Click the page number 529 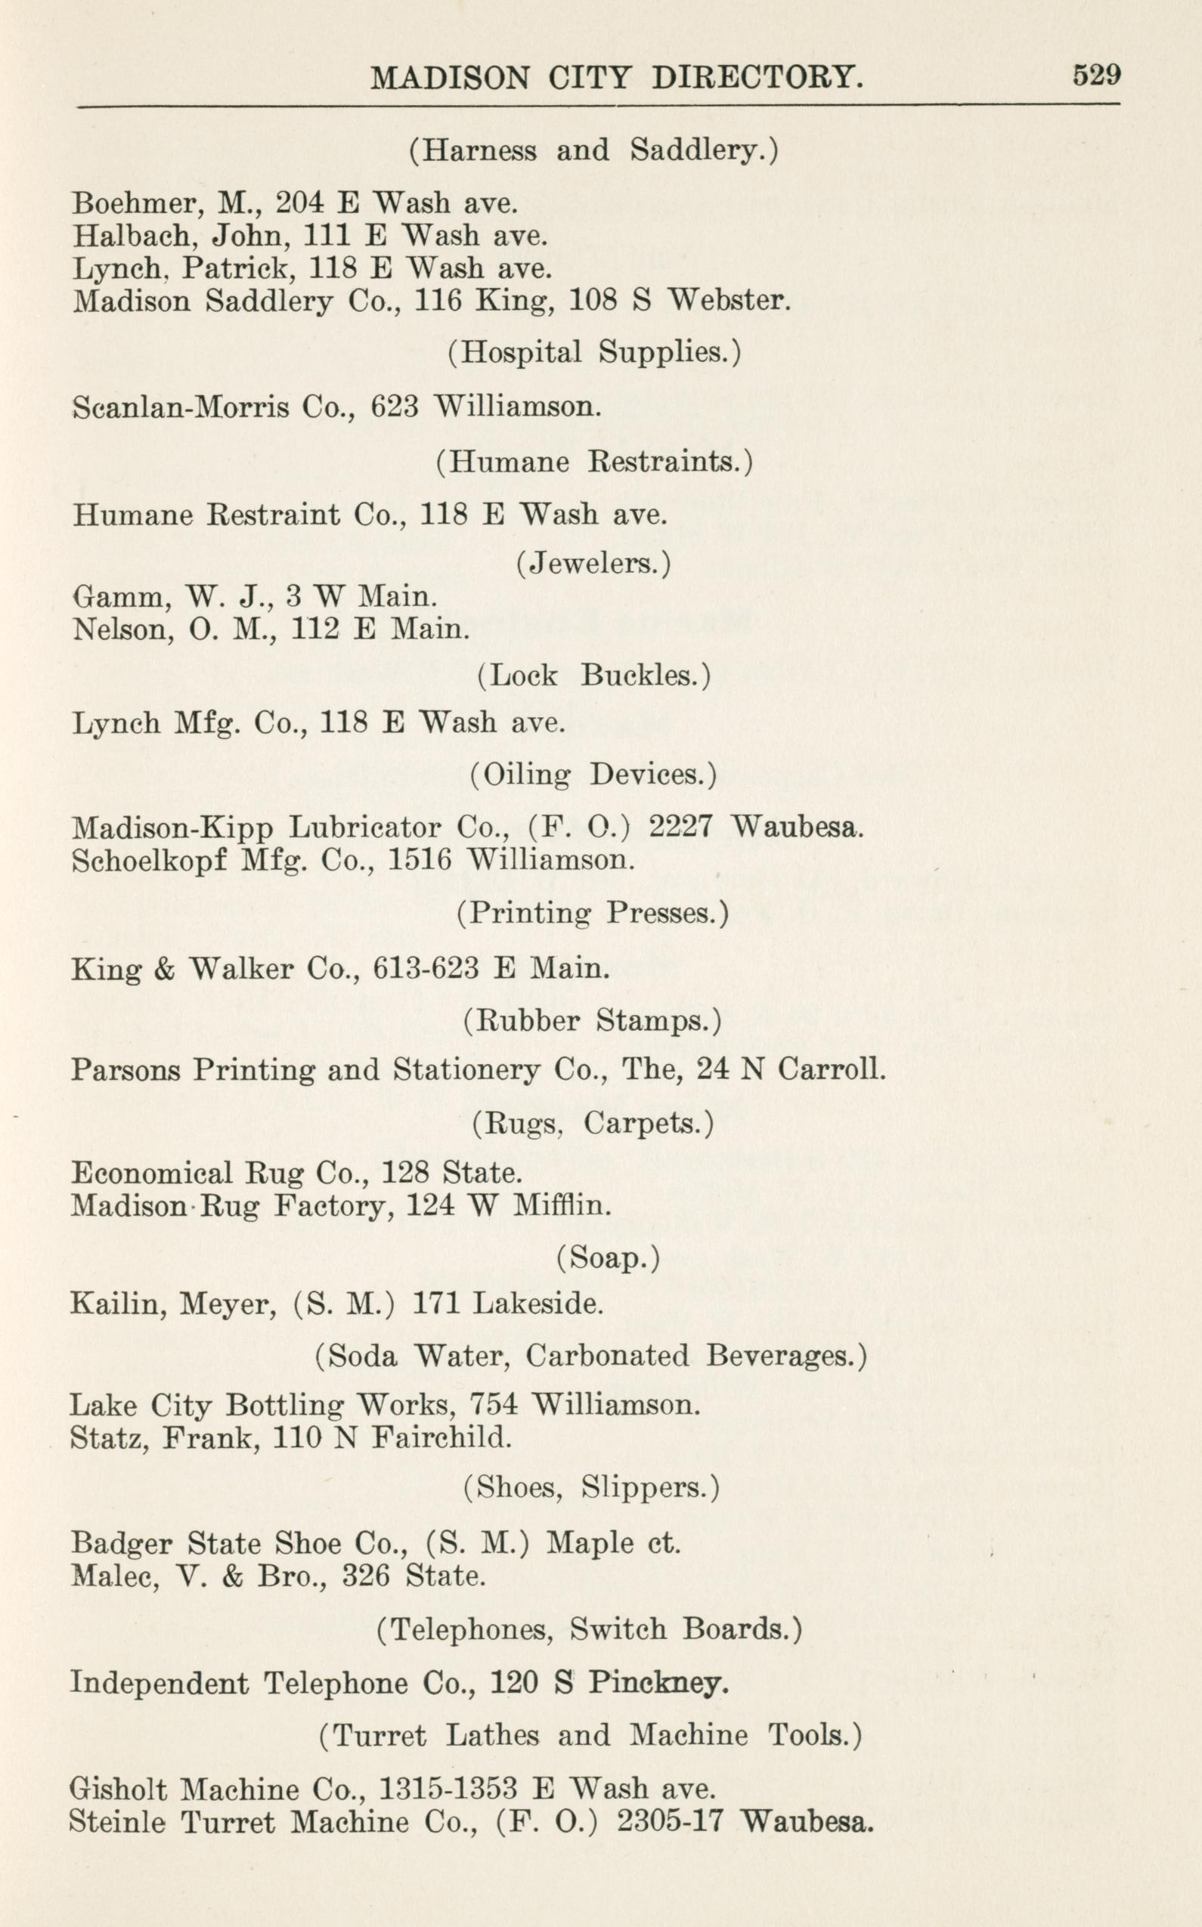(x=1096, y=75)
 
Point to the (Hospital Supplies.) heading (x=594, y=352)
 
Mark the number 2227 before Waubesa (x=680, y=827)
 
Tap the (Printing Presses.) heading (x=592, y=913)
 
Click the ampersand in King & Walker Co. (x=165, y=970)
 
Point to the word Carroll (x=830, y=1069)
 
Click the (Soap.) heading (x=607, y=1258)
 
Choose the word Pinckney (x=658, y=1682)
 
